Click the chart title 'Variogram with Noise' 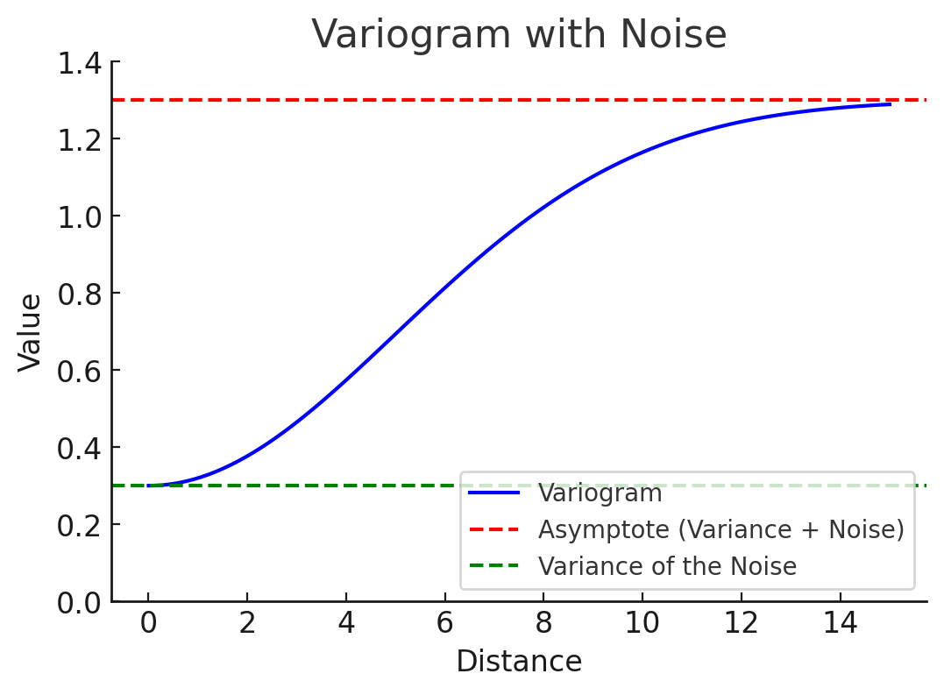(x=519, y=35)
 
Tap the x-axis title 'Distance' (x=519, y=662)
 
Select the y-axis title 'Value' (x=31, y=332)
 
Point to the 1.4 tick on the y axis (x=79, y=62)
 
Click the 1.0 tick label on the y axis (x=79, y=216)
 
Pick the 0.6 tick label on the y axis (x=79, y=371)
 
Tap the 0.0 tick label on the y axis (x=79, y=603)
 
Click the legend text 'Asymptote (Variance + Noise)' (x=720, y=529)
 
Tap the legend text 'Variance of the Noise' (x=667, y=566)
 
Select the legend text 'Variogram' (x=600, y=493)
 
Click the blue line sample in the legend (x=494, y=493)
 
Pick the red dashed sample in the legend (x=494, y=529)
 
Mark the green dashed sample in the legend (x=494, y=566)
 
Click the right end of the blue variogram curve (x=890, y=104)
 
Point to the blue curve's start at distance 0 (x=149, y=486)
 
